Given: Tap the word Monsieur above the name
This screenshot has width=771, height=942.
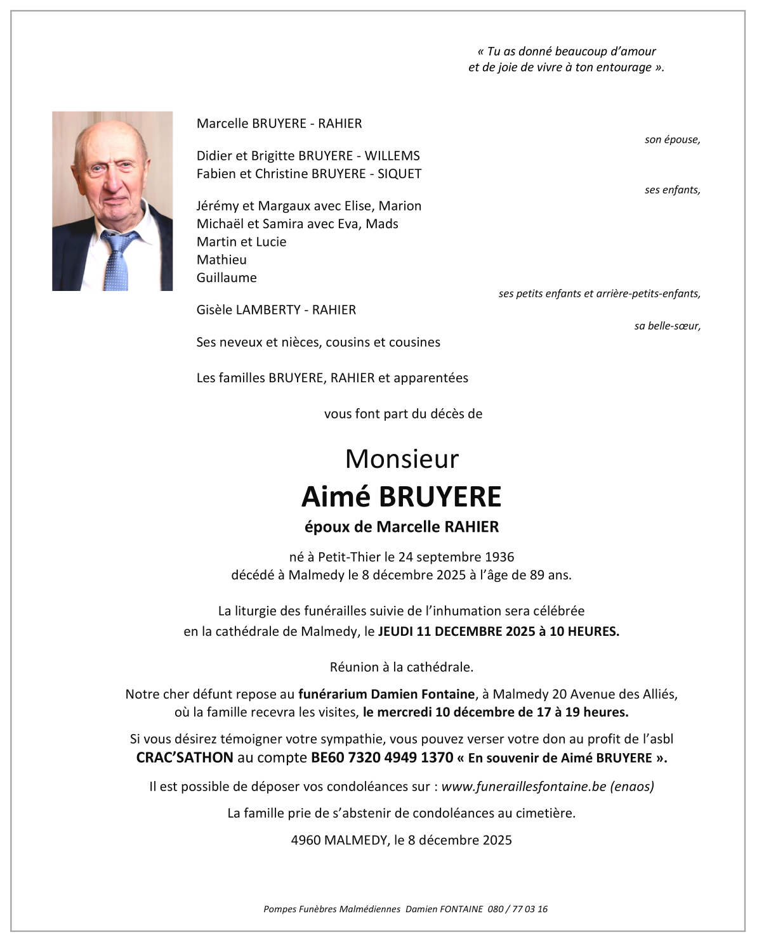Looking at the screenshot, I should click(x=401, y=459).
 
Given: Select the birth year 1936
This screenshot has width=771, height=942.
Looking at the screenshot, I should click(x=499, y=557).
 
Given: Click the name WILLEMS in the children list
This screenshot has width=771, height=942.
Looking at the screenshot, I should click(x=392, y=156).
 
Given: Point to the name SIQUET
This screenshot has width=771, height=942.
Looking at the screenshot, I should click(x=399, y=174).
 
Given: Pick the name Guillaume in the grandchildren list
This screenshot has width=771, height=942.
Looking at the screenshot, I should click(x=227, y=278).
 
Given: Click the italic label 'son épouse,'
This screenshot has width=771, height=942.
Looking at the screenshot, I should click(x=672, y=140).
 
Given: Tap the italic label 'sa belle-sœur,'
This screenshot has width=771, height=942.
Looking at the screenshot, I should click(x=667, y=326).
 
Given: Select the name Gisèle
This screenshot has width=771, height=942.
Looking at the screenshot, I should click(x=214, y=310).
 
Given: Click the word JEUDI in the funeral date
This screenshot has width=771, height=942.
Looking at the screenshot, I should click(x=395, y=632).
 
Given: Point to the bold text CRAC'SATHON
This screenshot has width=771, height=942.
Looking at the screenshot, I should click(x=185, y=758).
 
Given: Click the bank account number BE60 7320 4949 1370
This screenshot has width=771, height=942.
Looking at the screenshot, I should click(x=382, y=758).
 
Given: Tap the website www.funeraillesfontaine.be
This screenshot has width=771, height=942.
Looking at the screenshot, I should click(x=524, y=787).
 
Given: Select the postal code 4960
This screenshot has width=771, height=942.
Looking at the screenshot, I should click(x=305, y=841).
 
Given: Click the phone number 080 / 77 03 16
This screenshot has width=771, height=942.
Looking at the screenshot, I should click(x=517, y=909).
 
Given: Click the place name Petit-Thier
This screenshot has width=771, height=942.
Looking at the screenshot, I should click(x=349, y=557).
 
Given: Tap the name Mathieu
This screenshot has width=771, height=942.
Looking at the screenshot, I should click(x=221, y=260).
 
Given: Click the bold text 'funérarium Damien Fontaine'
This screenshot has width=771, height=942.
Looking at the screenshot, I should click(x=386, y=694).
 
